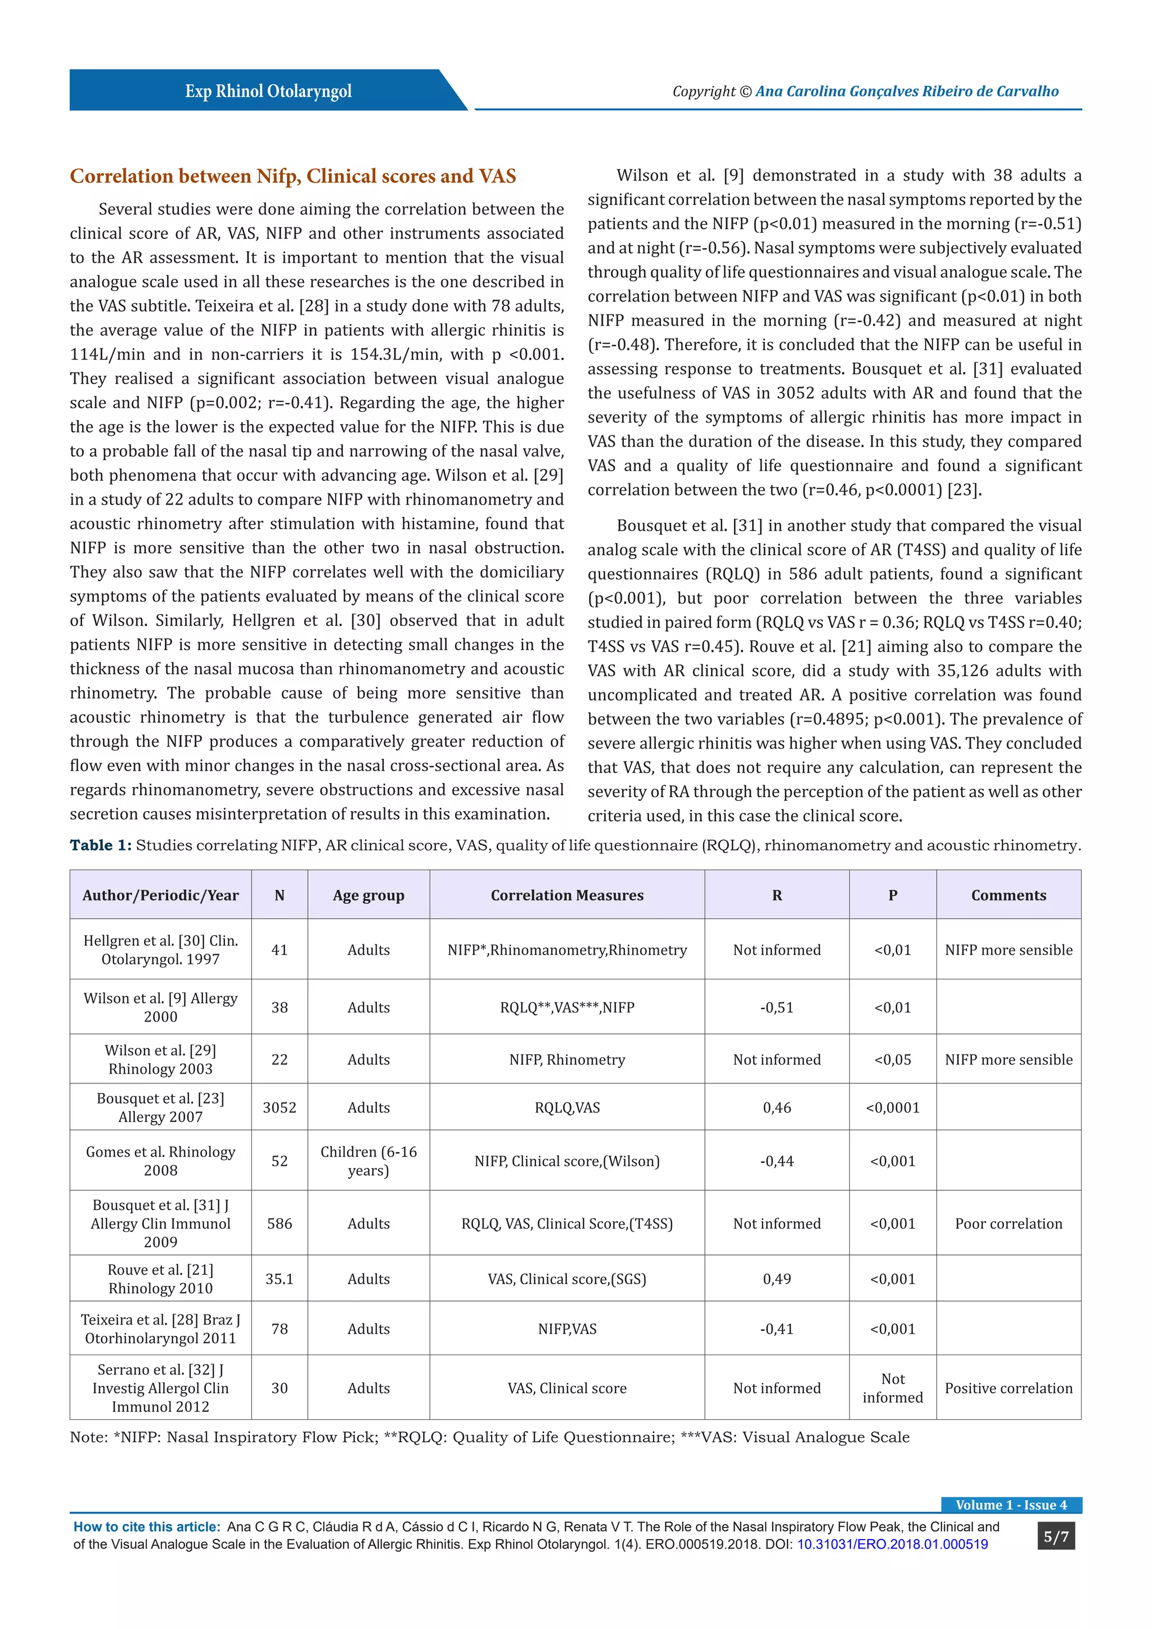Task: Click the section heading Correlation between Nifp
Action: tap(292, 176)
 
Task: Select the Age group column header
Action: tap(368, 895)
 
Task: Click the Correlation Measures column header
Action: tap(567, 895)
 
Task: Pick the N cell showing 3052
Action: tap(280, 1108)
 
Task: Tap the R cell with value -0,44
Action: tap(777, 1162)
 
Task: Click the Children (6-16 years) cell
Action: tap(368, 1161)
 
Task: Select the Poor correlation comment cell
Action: tap(1008, 1223)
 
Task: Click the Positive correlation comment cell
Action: tap(1008, 1388)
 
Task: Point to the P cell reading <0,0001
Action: tap(892, 1108)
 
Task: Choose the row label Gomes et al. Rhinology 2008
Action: tap(160, 1161)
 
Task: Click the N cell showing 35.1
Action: tap(280, 1279)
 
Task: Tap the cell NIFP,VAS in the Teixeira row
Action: tap(567, 1329)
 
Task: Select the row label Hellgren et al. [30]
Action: tap(160, 949)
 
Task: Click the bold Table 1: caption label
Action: tap(100, 845)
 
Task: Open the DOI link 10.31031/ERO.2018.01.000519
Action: tap(892, 1545)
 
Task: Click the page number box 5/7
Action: tap(1055, 1537)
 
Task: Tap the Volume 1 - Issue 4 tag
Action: tap(1011, 1505)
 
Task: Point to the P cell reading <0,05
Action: tap(892, 1059)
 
